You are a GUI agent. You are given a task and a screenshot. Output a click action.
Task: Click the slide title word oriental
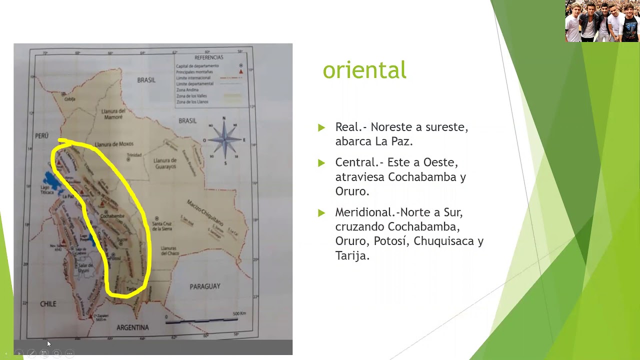364,70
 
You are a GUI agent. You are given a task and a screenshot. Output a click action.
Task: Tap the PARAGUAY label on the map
204,286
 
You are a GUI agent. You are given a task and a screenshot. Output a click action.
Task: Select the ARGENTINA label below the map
132,327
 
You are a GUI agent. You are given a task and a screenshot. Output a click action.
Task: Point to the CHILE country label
48,304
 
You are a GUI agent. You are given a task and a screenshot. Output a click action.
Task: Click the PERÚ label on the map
41,135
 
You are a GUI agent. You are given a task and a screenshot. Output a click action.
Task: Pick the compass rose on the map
224,140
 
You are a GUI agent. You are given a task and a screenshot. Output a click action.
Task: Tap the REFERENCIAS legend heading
209,57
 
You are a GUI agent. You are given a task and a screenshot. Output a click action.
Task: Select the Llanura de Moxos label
114,144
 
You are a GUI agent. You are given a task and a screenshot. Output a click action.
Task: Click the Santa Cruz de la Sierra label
162,226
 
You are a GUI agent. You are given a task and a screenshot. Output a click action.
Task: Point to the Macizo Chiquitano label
205,211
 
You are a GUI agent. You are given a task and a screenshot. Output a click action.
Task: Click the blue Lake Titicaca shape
51,181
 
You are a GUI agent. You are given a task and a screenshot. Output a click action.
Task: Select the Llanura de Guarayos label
165,163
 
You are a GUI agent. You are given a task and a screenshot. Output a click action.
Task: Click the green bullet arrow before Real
321,127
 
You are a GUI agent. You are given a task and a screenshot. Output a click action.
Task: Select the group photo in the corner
602,21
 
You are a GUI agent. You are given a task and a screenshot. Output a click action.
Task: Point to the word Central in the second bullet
356,162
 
